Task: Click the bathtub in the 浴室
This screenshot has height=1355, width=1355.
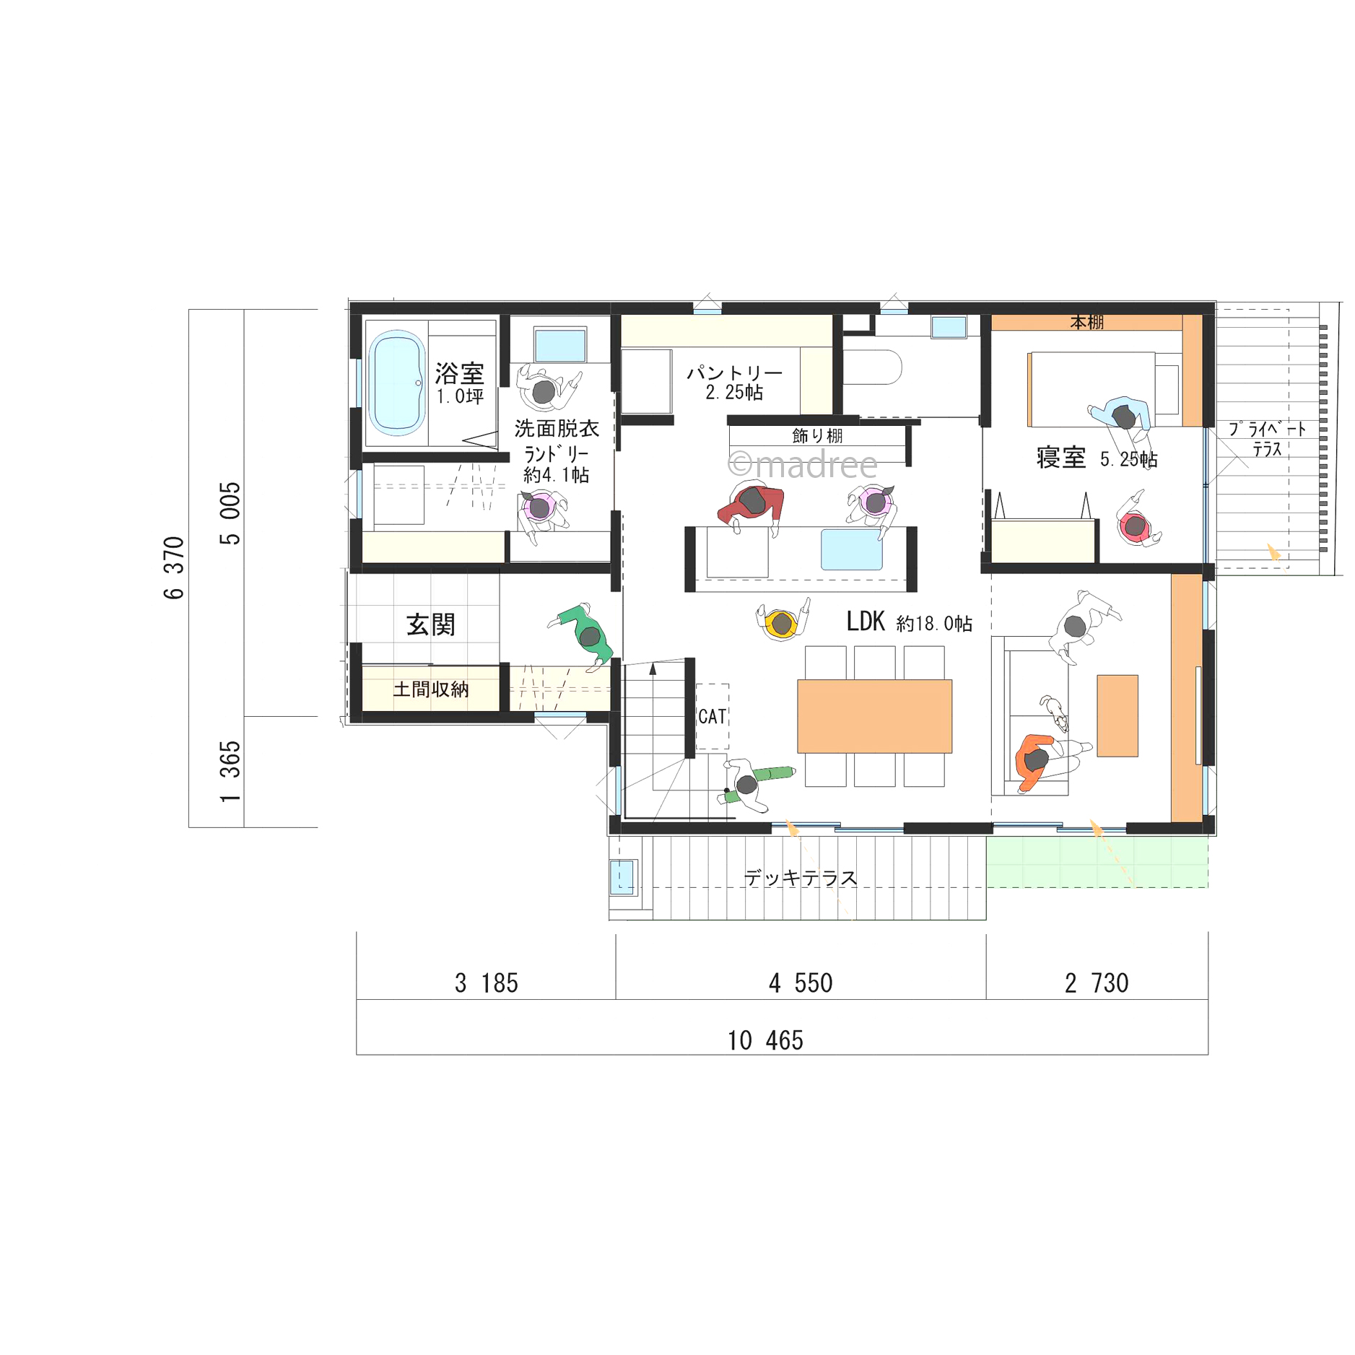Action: point(396,383)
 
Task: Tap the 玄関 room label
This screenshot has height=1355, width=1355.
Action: point(430,624)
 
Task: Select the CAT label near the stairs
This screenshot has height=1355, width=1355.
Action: point(712,716)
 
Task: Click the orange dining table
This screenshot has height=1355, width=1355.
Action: point(873,715)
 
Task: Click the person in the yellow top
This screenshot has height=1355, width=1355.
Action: point(782,621)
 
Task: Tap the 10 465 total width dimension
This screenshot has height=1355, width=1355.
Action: point(764,1040)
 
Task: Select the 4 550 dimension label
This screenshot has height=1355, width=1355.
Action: point(801,983)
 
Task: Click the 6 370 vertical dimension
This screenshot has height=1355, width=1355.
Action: point(174,567)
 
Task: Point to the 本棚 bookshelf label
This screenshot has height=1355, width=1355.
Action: point(1086,322)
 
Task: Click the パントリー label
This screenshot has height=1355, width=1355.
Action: point(734,372)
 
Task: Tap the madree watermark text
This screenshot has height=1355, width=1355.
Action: point(802,464)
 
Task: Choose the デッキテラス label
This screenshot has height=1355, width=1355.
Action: point(801,877)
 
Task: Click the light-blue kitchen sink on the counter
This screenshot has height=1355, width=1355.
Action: point(851,549)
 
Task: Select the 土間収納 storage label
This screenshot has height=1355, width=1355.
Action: point(430,689)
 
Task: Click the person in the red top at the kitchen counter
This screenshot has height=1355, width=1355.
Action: point(752,506)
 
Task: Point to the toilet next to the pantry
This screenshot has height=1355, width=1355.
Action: point(872,367)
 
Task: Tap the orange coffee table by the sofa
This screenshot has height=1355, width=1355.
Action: point(1117,715)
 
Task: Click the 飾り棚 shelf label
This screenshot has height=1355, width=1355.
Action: point(816,435)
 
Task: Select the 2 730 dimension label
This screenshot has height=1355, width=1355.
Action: point(1096,983)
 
